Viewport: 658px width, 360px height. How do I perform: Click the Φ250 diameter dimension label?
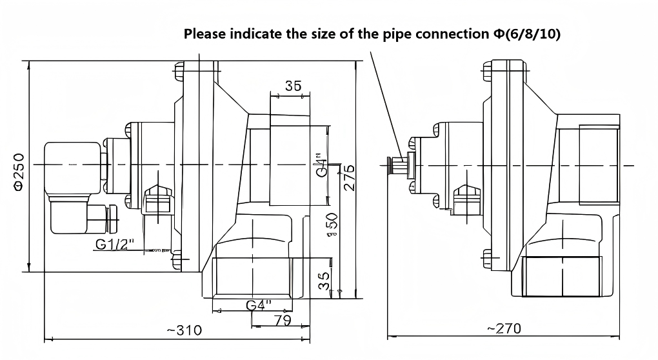pos(19,172)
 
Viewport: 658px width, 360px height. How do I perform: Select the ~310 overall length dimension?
pos(184,330)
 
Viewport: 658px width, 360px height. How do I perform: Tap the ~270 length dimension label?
pos(503,329)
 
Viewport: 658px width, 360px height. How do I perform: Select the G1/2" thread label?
pos(114,244)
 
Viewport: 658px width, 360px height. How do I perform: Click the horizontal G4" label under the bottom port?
pos(259,305)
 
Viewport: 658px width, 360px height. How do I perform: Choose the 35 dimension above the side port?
pos(293,86)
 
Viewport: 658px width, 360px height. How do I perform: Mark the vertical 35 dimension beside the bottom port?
pos(325,280)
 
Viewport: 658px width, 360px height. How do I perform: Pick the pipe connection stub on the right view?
pos(397,165)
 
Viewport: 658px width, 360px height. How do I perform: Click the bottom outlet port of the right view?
pos(562,276)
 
